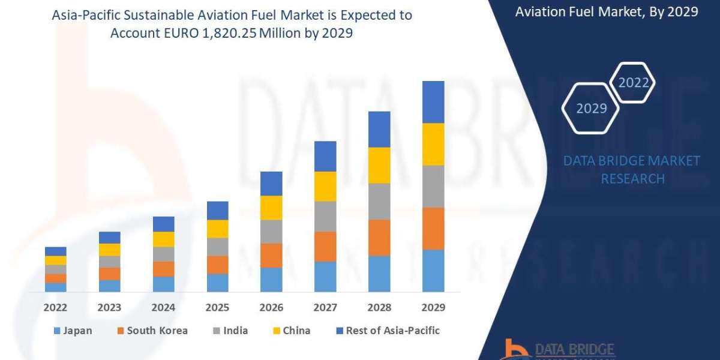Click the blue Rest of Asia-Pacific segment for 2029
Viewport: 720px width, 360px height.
433,102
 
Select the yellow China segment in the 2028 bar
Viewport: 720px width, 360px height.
379,165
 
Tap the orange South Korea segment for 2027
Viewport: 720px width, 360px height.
325,247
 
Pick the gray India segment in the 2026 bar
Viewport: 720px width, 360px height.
271,232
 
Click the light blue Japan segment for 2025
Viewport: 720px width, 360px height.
217,283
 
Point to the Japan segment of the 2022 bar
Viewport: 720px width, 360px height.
55,287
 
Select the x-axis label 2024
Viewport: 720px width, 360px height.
163,308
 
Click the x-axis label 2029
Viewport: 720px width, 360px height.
433,308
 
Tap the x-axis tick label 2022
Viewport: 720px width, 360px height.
55,308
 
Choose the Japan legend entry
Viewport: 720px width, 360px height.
73,331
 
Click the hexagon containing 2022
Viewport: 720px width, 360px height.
634,83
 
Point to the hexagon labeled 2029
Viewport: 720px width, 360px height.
592,109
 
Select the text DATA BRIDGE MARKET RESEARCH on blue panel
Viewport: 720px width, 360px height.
632,170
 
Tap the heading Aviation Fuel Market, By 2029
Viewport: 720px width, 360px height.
606,11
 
